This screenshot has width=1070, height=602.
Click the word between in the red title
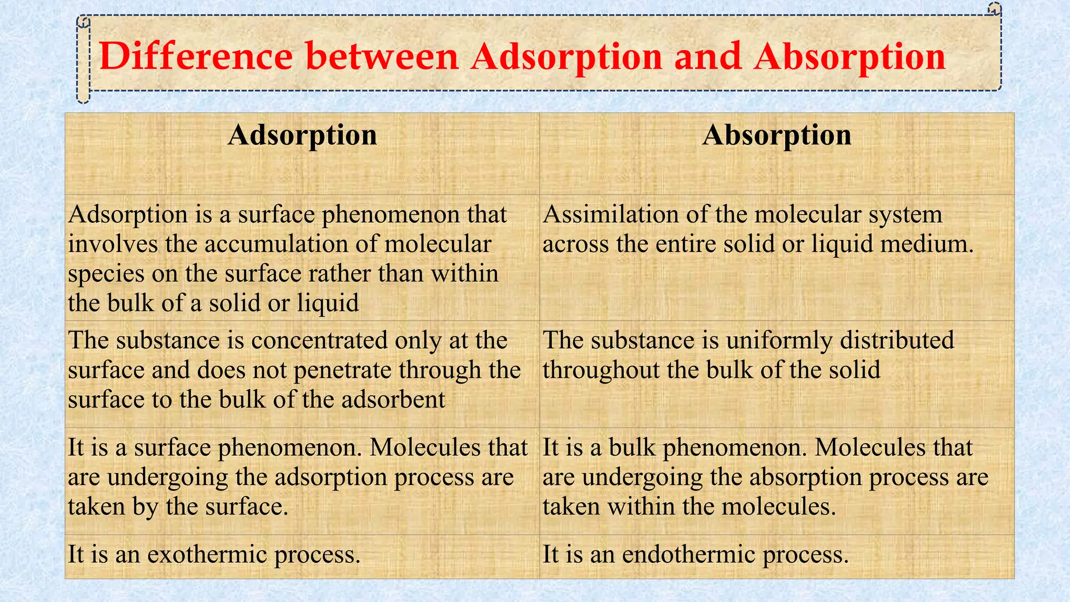tap(382, 56)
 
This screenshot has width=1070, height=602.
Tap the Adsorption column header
tap(303, 135)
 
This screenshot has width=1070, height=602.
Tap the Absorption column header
tap(777, 135)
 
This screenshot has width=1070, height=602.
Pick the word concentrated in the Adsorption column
tap(319, 341)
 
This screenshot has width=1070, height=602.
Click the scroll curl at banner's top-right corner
tap(994, 9)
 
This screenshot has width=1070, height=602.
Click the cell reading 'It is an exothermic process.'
tap(302, 556)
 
